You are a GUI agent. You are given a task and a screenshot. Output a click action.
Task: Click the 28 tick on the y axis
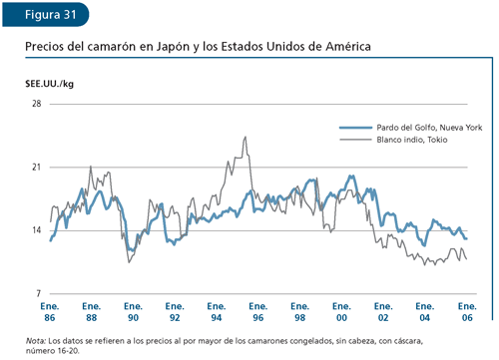(x=36, y=104)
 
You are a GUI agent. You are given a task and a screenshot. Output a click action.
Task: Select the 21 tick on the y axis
(x=36, y=168)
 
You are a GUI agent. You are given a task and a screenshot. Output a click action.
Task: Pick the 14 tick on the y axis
(x=36, y=230)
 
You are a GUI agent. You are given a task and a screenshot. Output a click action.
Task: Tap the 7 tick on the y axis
(x=38, y=293)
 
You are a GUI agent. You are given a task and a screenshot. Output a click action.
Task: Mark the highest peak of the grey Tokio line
(x=245, y=138)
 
